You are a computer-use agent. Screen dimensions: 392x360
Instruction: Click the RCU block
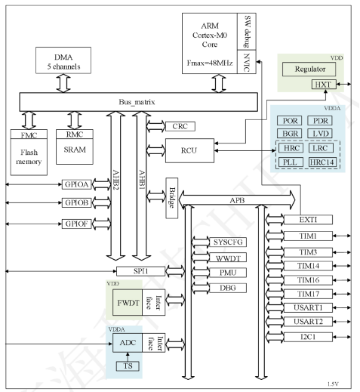click(x=189, y=150)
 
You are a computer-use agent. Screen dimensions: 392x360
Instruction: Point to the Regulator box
click(x=309, y=69)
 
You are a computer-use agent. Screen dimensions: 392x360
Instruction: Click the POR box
click(x=291, y=121)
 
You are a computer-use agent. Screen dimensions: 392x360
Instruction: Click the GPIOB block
click(x=78, y=204)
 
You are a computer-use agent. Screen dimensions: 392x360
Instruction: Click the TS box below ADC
click(x=128, y=366)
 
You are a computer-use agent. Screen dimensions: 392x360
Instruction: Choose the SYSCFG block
click(x=209, y=242)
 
